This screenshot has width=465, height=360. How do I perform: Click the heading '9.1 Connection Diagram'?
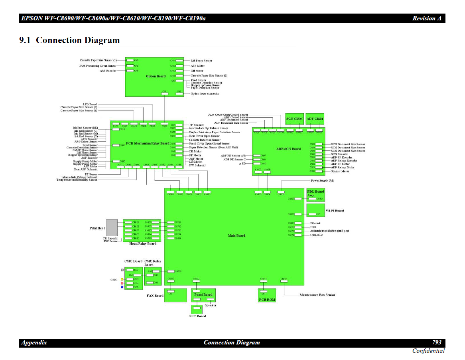[x=69, y=40]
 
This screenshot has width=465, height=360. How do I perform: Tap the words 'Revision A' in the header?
[x=427, y=18]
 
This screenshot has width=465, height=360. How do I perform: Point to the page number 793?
[x=437, y=342]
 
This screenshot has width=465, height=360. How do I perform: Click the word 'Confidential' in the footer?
[x=428, y=351]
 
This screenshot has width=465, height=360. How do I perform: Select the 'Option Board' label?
[x=156, y=76]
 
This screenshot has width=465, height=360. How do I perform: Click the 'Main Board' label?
[x=236, y=235]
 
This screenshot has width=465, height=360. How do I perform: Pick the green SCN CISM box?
[x=295, y=119]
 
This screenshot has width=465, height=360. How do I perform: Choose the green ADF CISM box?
[x=315, y=119]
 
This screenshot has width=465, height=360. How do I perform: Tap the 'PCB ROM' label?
[x=267, y=299]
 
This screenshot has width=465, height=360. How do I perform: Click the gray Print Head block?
[x=112, y=227]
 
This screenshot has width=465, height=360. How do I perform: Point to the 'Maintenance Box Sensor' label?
[x=317, y=295]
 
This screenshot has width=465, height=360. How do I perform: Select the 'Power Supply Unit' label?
[x=322, y=181]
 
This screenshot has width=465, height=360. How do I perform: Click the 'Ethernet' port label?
[x=315, y=223]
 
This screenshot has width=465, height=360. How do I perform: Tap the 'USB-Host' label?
[x=316, y=235]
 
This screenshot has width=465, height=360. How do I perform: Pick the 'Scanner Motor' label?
[x=340, y=171]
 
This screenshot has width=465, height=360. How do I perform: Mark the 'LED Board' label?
[x=90, y=104]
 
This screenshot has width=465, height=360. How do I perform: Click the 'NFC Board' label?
[x=197, y=316]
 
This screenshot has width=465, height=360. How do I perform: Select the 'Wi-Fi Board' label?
[x=335, y=210]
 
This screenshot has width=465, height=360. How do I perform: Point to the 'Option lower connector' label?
[x=205, y=94]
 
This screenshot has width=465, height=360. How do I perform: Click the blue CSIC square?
[x=122, y=287]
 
